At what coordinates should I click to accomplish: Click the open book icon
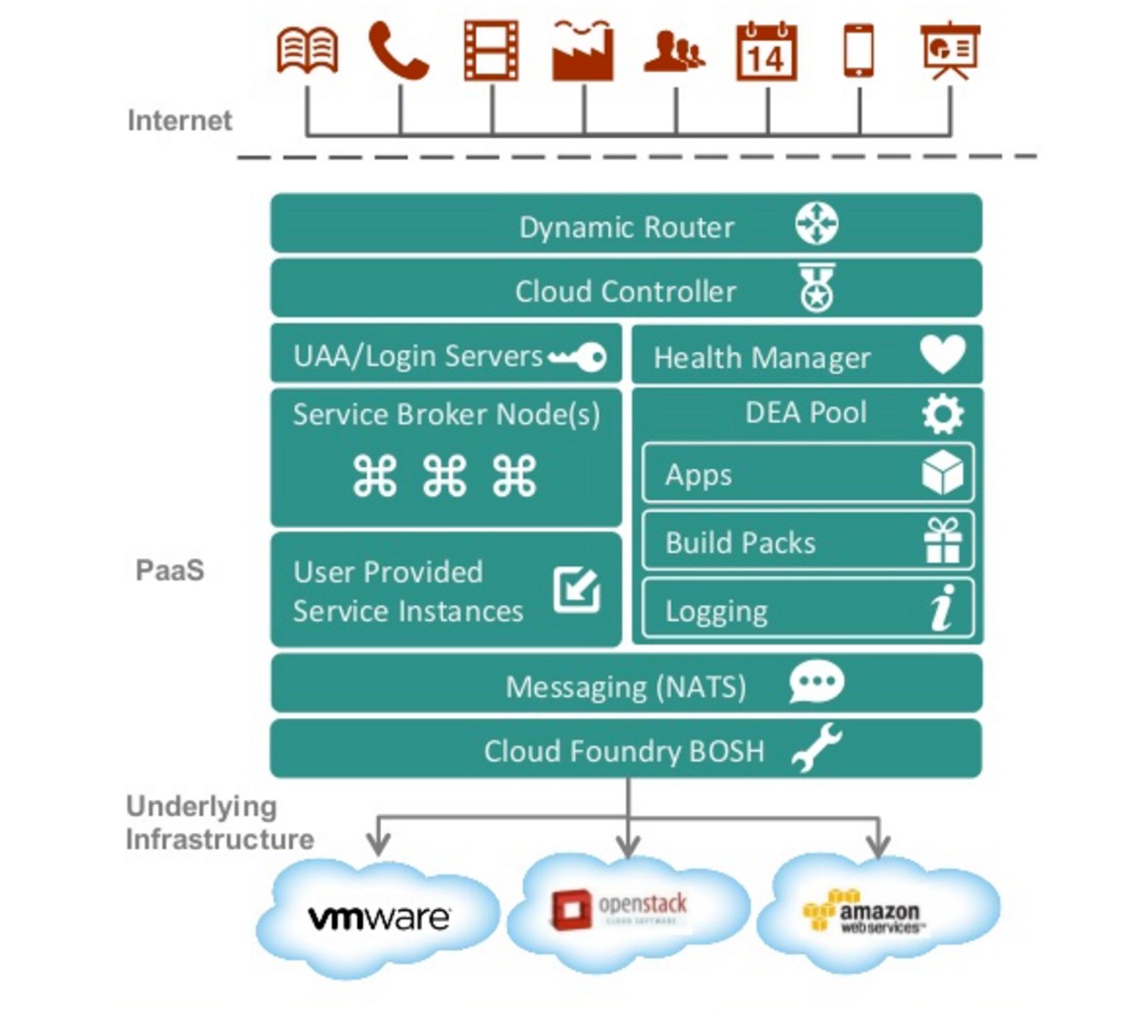coord(307,51)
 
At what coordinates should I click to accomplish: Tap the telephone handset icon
coord(398,51)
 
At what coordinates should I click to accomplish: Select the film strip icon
coord(491,51)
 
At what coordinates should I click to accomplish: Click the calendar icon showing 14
coord(766,52)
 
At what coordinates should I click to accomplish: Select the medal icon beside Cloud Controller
coord(817,288)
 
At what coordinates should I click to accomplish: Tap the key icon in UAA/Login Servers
coord(578,357)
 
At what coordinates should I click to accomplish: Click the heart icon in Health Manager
coord(942,354)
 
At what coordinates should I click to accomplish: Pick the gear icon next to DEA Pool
coord(942,414)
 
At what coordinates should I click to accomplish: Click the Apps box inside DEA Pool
coord(807,474)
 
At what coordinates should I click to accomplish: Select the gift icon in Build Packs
coord(942,541)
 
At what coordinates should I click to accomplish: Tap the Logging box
coord(807,609)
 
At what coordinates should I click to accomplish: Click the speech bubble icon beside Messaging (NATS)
coord(816,682)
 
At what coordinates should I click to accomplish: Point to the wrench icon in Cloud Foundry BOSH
coord(817,747)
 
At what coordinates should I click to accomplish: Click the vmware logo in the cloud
coord(379,918)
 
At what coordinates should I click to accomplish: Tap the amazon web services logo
coord(862,911)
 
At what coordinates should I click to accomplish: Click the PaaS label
coord(170,570)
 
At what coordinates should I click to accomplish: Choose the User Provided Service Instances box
coord(445,590)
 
